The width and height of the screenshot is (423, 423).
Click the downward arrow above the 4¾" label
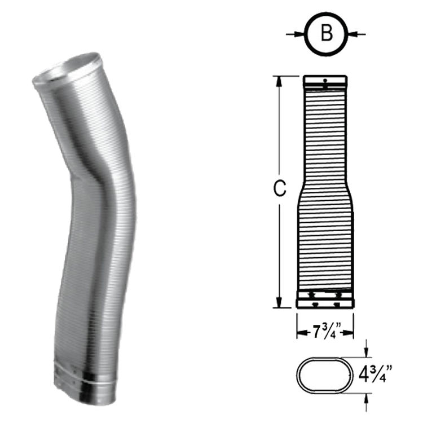point(367,351)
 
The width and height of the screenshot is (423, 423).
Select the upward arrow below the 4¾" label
point(367,397)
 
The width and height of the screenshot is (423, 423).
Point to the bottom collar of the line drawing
point(325,299)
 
